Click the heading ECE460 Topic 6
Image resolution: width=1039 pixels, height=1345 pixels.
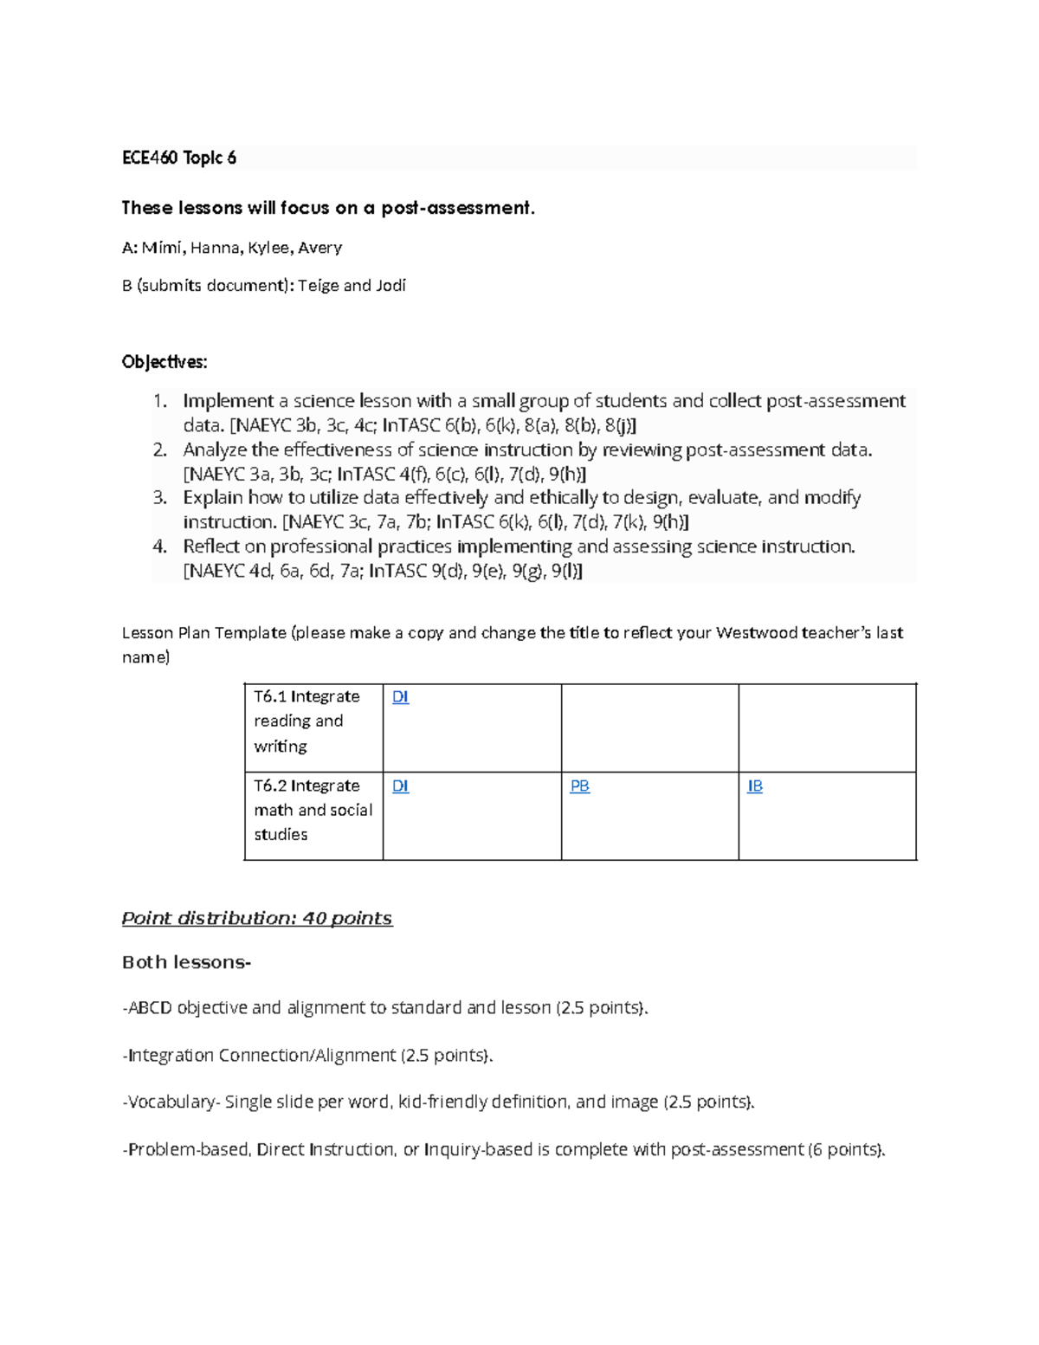[178, 158]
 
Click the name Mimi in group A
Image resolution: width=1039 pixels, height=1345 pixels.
[163, 248]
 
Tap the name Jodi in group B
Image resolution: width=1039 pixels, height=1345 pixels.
[390, 285]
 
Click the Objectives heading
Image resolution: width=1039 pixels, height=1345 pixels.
[165, 362]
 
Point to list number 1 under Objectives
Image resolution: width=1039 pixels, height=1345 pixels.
[158, 401]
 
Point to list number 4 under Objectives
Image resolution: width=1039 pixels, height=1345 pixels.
[158, 546]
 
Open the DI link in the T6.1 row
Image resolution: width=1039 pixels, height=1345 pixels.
[400, 696]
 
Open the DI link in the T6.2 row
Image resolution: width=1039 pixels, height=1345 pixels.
[400, 786]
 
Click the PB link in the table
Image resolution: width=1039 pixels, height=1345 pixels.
[579, 786]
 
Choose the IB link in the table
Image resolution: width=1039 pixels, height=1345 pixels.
[755, 786]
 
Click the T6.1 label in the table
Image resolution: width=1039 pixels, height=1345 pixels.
[269, 696]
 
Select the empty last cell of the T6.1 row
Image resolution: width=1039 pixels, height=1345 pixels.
[827, 727]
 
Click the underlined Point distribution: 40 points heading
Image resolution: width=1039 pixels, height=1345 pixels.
[257, 918]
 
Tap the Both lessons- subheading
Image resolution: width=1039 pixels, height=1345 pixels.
[186, 962]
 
